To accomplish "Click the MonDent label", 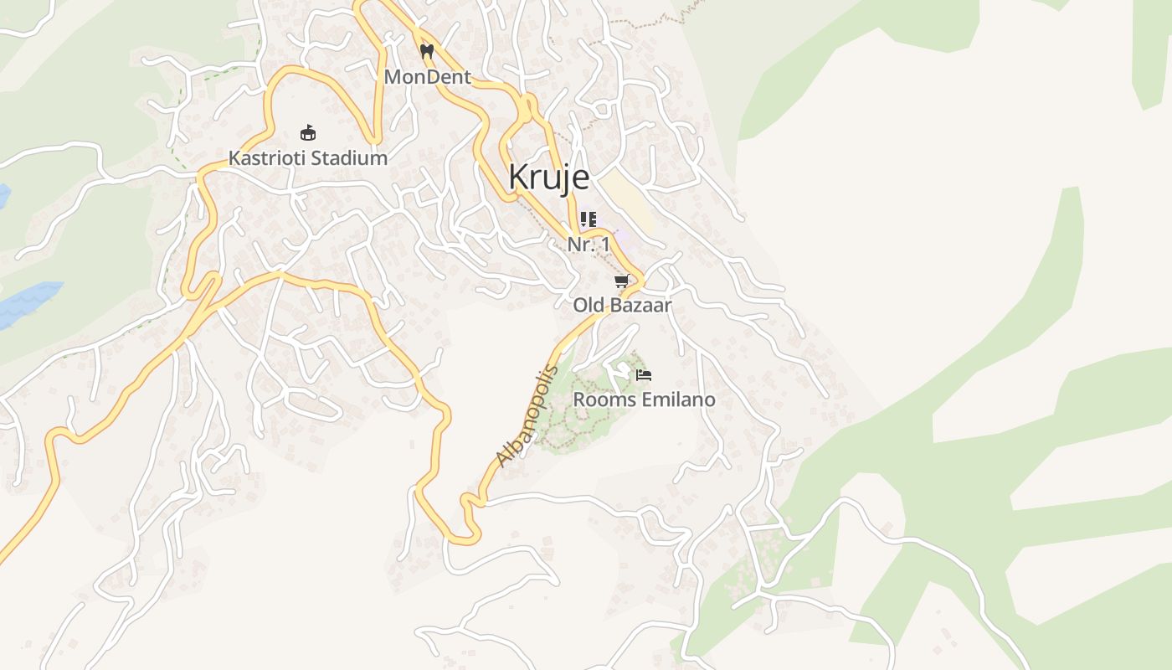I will click(x=427, y=78).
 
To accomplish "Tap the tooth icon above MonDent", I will click(x=427, y=51).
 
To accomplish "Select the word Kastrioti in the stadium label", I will click(x=267, y=158).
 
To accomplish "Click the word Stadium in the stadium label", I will click(x=349, y=158).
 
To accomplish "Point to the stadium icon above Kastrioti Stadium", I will click(x=308, y=132).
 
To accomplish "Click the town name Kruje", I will click(x=548, y=178).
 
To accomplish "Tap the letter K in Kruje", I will click(x=519, y=178).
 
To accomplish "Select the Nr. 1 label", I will click(x=589, y=245).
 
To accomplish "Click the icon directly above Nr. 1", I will click(x=589, y=219).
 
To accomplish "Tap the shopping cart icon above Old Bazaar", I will click(x=621, y=281).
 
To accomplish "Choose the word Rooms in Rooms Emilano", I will click(x=604, y=400).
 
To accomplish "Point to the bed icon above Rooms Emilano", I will click(x=643, y=375).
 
